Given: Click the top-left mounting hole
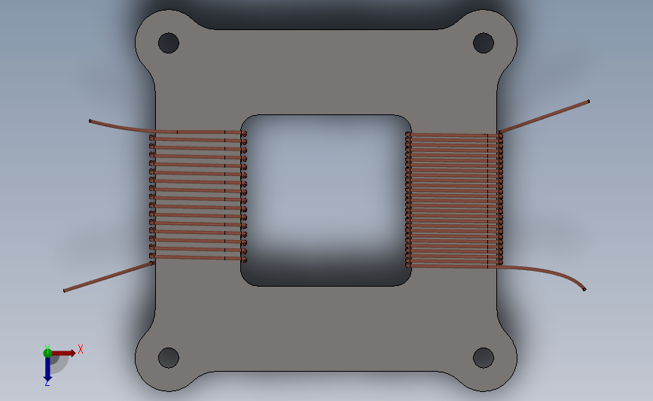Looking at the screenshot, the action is [x=169, y=43].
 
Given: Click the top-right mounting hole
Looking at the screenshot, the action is [x=484, y=43].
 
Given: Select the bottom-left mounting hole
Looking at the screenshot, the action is [x=169, y=357].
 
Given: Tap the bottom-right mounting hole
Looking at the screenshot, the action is [x=484, y=357].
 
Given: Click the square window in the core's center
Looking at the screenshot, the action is [x=326, y=200].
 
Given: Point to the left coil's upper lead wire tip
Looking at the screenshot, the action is [x=90, y=121].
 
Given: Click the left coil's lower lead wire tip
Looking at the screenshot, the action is [x=65, y=290].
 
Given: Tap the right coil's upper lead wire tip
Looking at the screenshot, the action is [x=588, y=101].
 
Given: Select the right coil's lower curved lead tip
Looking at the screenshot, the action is [x=584, y=289].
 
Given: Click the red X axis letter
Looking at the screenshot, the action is [x=81, y=349].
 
